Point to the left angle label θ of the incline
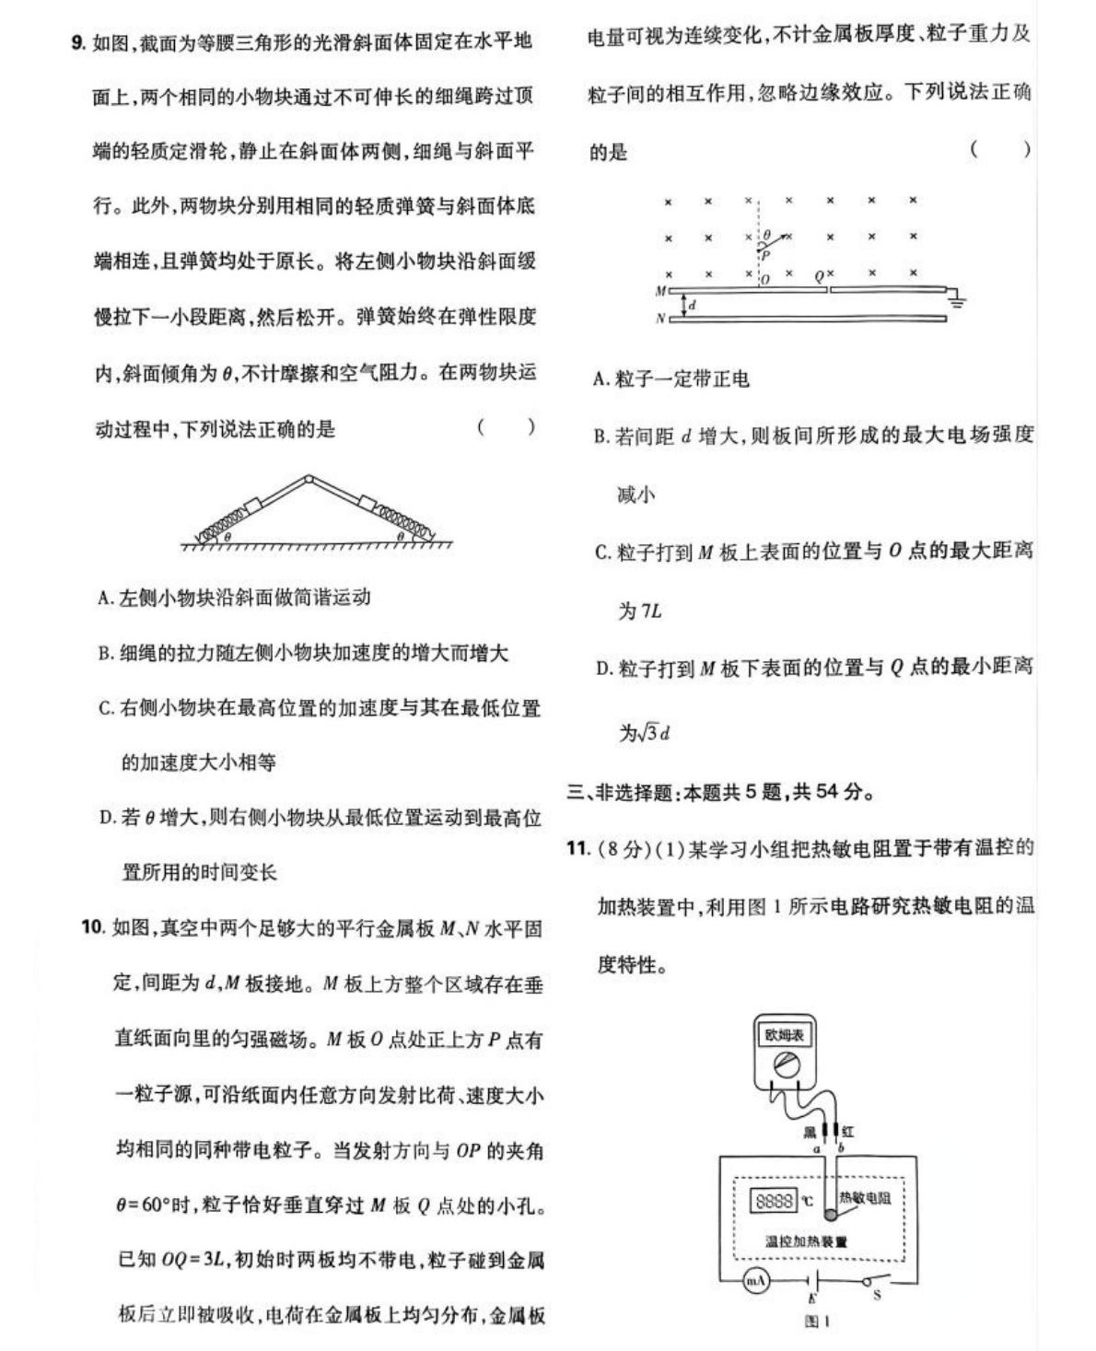coord(227,536)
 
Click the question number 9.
coord(78,41)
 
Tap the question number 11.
coord(577,847)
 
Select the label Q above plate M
coord(819,275)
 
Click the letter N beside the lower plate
coord(660,319)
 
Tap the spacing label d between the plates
coord(693,305)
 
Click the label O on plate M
coord(765,280)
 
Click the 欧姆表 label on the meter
coord(784,1035)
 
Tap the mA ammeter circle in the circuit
coord(755,1281)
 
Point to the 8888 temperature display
coord(774,1201)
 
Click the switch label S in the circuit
coord(877,1295)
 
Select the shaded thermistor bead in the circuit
coord(831,1214)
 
